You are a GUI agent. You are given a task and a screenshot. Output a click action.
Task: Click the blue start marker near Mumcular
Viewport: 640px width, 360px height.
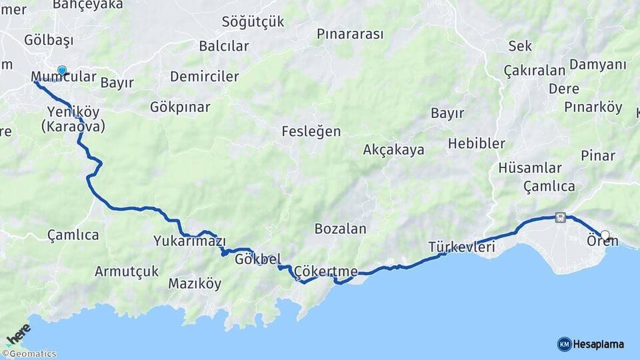tap(62, 70)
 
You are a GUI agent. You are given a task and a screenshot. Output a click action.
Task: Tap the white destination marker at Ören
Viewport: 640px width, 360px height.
tap(605, 235)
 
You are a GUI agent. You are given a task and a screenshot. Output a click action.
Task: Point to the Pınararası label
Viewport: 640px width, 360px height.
tap(350, 33)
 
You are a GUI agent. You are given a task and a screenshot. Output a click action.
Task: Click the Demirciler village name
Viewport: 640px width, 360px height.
tap(204, 77)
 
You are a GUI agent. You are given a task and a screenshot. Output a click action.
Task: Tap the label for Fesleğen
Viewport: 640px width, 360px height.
tap(311, 131)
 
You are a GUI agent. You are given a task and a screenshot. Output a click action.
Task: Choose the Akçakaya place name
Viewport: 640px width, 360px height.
tap(393, 150)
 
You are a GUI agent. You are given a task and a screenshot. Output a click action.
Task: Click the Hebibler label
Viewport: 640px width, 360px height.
tap(476, 143)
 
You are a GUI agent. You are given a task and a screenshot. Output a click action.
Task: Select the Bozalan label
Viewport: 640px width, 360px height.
tap(340, 229)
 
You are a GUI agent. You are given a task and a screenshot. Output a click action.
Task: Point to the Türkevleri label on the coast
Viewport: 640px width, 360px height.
tap(461, 247)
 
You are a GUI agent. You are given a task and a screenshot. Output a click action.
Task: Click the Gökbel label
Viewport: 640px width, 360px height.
tap(257, 259)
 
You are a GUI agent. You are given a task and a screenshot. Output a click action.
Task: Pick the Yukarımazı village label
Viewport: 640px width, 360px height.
tap(189, 241)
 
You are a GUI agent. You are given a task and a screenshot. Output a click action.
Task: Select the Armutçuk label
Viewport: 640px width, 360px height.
tap(127, 271)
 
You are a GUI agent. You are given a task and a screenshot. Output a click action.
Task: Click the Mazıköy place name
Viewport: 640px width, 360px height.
tap(194, 283)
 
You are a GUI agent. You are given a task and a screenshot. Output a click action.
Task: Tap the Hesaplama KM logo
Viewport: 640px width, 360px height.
tap(591, 344)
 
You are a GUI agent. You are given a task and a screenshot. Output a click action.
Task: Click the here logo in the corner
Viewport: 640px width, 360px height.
tap(18, 334)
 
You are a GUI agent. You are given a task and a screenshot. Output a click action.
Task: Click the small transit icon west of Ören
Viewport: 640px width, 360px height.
tap(560, 217)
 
